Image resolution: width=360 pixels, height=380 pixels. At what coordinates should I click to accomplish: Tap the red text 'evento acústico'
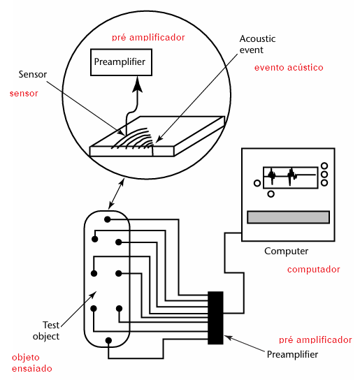click(x=289, y=67)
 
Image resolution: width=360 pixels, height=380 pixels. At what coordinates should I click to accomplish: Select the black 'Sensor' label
click(x=33, y=75)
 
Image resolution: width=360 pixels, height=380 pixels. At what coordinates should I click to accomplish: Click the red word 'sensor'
click(x=24, y=94)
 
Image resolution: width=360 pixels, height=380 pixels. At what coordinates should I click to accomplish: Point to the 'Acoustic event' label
click(x=257, y=44)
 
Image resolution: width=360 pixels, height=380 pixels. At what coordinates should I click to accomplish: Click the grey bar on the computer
click(x=288, y=217)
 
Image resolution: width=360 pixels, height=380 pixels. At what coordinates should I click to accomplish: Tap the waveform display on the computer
click(x=290, y=177)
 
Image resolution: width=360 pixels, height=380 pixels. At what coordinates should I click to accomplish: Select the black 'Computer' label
click(x=287, y=251)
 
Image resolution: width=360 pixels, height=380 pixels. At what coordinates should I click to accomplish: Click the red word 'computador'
click(x=313, y=270)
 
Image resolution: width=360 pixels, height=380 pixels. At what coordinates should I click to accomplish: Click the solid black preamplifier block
click(x=215, y=318)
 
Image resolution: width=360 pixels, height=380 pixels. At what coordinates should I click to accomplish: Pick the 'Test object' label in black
click(x=46, y=331)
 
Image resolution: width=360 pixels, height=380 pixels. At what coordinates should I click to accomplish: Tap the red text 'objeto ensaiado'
click(x=31, y=363)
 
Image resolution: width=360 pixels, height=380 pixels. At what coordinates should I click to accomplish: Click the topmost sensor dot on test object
click(x=108, y=219)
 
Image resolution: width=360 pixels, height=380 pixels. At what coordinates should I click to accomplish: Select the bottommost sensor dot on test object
click(x=108, y=340)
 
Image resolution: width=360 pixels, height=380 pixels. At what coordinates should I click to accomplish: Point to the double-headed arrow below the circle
click(x=116, y=193)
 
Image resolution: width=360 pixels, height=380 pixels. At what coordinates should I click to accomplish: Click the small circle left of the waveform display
click(x=257, y=183)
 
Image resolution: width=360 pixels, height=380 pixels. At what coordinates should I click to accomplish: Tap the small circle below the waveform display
click(x=271, y=194)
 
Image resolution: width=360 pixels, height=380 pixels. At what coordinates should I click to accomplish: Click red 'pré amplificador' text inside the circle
click(x=148, y=38)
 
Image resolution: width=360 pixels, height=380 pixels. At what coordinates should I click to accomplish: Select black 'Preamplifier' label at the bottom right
click(x=292, y=355)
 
